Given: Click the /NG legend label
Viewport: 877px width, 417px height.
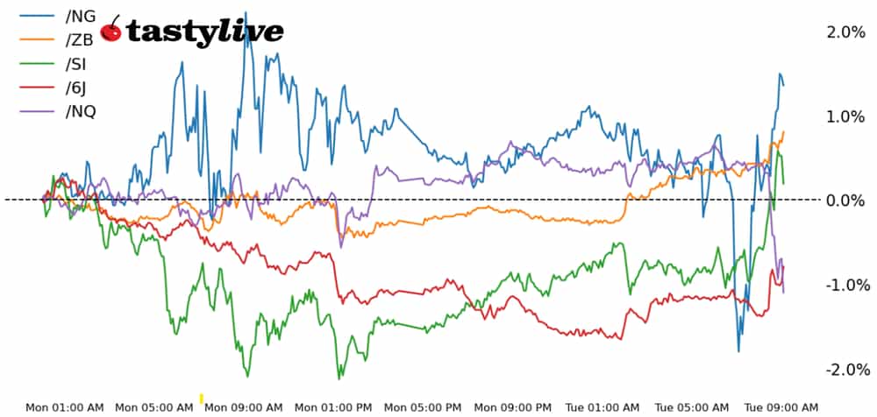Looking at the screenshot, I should tap(80, 16).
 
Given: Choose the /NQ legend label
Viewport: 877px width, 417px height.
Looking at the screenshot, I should tap(81, 110).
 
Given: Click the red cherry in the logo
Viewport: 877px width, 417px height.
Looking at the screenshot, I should tap(111, 31).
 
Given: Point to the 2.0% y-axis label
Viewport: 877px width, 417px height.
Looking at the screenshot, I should tap(846, 32).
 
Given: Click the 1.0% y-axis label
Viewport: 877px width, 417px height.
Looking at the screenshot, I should tap(846, 117).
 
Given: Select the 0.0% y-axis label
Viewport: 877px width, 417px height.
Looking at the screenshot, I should tap(846, 201).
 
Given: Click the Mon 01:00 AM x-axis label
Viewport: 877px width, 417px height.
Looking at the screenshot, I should tap(65, 407).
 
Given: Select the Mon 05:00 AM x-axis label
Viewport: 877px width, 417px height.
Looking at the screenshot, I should tap(154, 407).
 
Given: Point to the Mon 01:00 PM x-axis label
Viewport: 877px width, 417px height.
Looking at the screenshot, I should tap(333, 407).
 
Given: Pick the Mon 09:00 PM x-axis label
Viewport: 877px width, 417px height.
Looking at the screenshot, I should tap(513, 407).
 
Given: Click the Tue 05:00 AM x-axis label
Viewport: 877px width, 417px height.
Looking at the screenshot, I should tap(692, 407).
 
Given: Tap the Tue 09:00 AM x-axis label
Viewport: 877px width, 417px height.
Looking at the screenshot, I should tap(781, 407).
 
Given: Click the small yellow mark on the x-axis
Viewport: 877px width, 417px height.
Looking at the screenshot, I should tap(202, 398).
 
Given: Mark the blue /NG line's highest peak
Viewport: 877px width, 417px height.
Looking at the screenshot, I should tap(245, 13).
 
